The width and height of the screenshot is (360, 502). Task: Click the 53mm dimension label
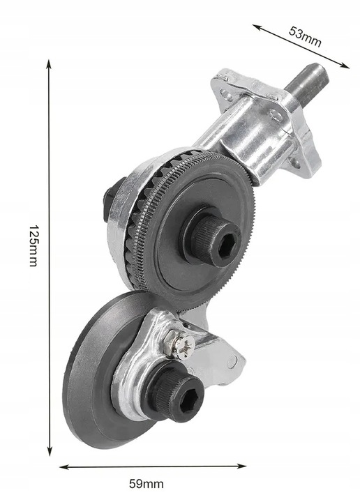[x=305, y=36]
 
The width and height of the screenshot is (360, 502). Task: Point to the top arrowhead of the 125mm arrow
[x=50, y=62]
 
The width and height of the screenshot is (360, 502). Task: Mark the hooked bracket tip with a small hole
[x=237, y=360]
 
